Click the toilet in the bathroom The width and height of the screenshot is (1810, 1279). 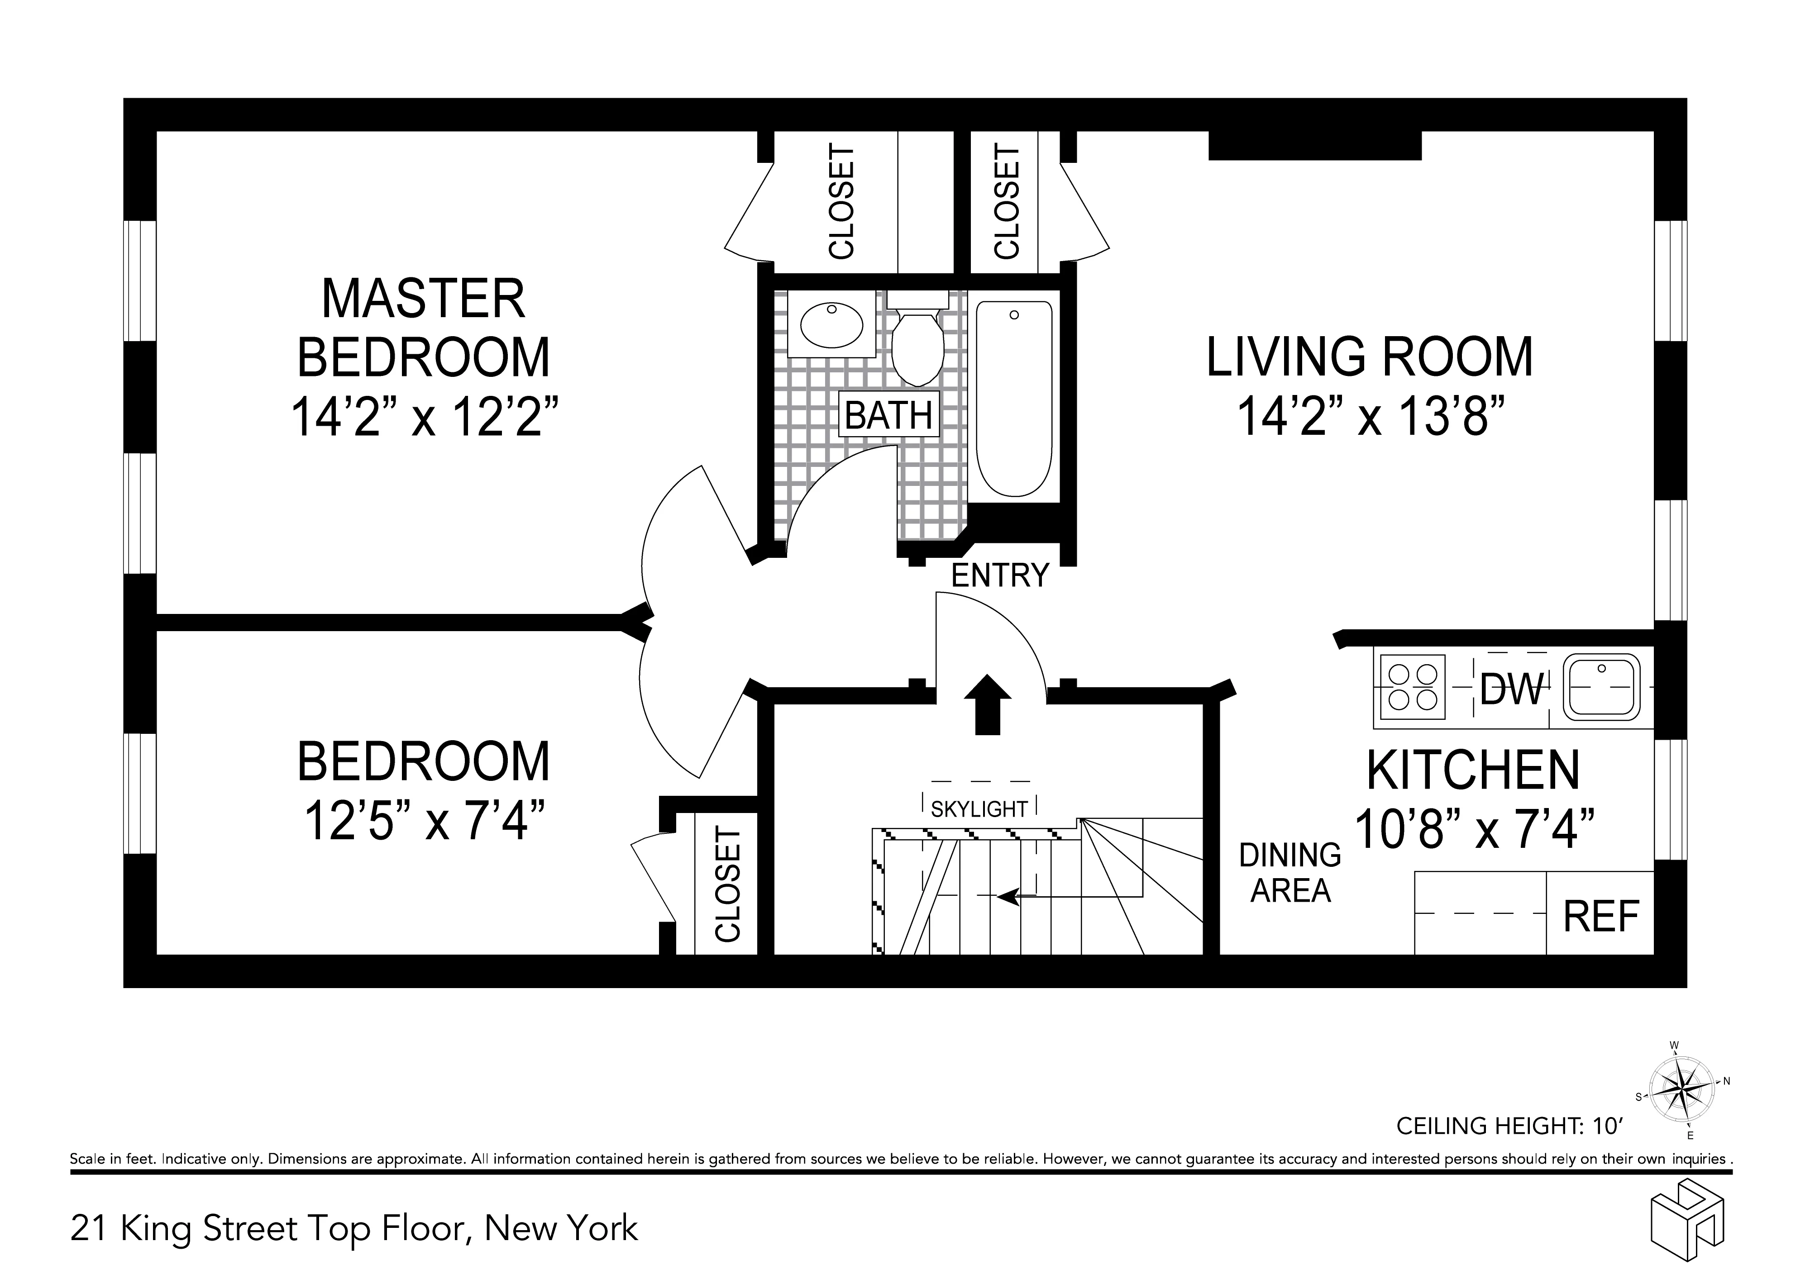click(917, 347)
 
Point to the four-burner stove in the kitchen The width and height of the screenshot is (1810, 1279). click(1411, 687)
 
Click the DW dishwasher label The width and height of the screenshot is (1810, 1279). click(1510, 689)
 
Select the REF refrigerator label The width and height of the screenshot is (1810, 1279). click(1600, 917)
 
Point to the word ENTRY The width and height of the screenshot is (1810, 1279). click(1000, 576)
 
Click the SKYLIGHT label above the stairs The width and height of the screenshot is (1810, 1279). click(979, 809)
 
